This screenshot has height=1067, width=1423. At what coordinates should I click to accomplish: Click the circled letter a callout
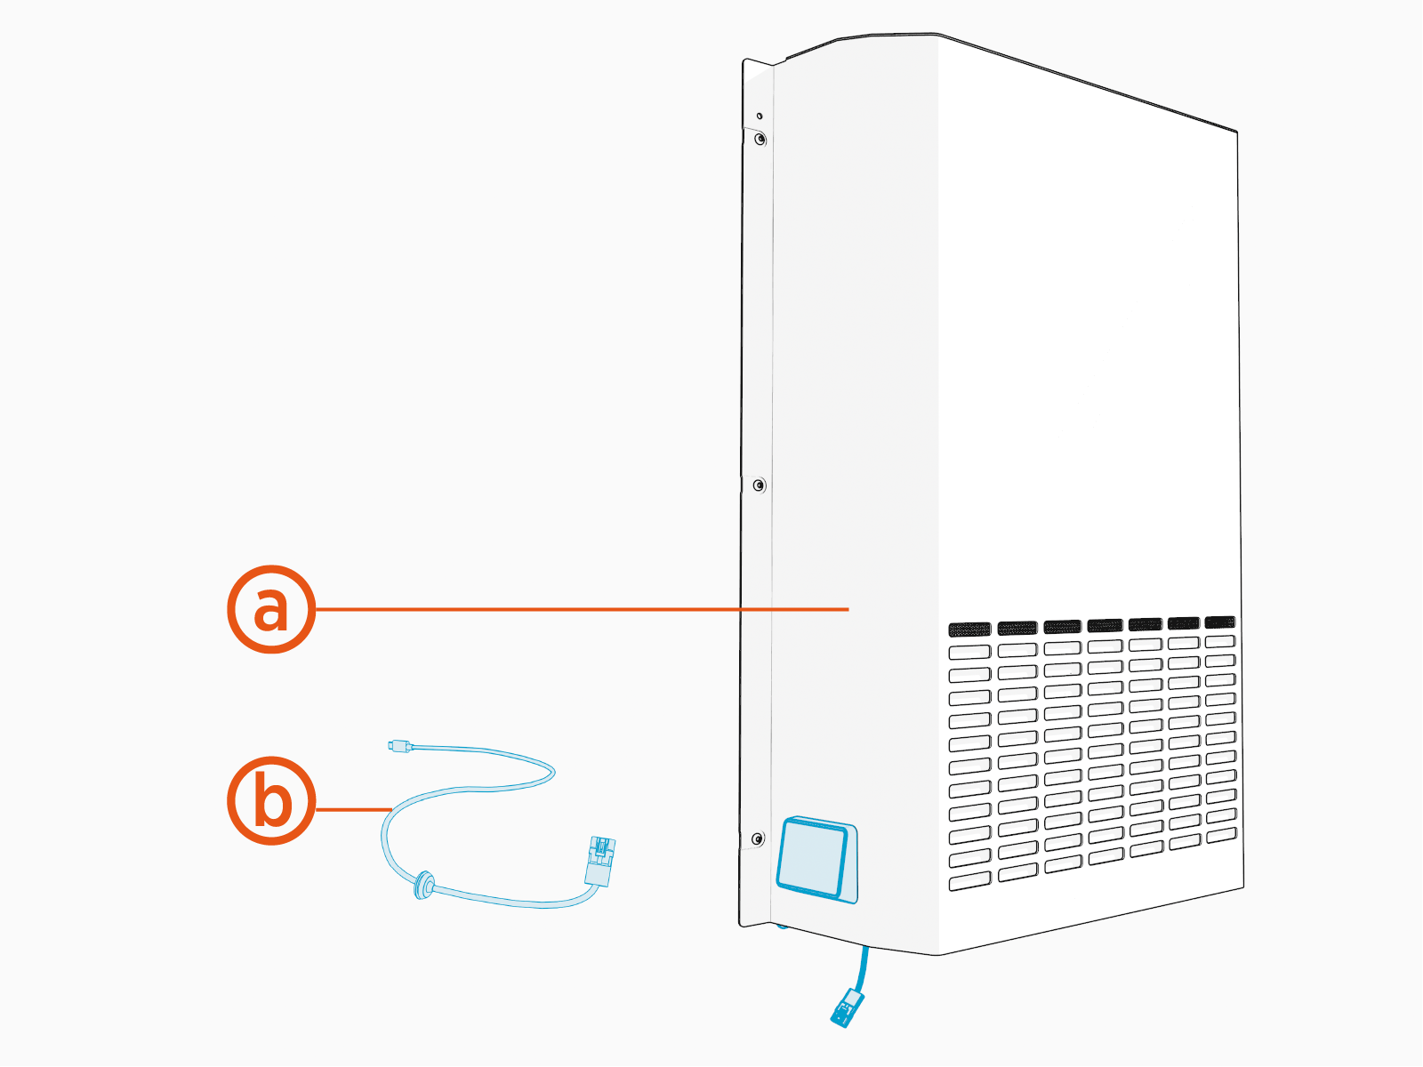click(x=271, y=609)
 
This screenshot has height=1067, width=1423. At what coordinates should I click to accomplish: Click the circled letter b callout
click(x=271, y=800)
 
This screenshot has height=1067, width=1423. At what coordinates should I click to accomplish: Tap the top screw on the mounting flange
click(x=760, y=140)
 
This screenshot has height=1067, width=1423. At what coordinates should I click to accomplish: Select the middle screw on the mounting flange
click(x=759, y=485)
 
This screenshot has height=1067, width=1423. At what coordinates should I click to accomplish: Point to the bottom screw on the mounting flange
click(x=758, y=838)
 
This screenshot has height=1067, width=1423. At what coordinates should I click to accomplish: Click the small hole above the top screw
click(x=760, y=116)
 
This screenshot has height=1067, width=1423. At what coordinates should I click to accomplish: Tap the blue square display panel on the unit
click(x=813, y=857)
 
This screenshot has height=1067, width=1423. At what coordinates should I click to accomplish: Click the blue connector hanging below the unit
click(x=847, y=1008)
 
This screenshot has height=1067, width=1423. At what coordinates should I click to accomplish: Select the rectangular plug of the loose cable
click(x=600, y=860)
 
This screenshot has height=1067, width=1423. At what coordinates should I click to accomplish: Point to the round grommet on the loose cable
click(x=423, y=885)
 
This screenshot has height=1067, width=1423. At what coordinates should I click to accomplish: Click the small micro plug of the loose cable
click(x=399, y=745)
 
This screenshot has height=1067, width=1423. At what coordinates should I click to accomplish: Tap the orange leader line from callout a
click(x=578, y=609)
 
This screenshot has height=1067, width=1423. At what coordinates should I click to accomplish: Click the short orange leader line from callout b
click(x=354, y=809)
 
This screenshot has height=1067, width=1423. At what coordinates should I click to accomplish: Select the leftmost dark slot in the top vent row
click(x=969, y=630)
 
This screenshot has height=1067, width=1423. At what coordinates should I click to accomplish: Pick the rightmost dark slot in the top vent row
click(x=1219, y=622)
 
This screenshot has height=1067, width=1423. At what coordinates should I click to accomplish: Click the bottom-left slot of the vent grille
click(x=969, y=881)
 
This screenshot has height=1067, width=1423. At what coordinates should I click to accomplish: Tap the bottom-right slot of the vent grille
click(x=1220, y=835)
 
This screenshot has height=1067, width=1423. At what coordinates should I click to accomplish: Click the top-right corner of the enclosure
click(x=1236, y=132)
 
